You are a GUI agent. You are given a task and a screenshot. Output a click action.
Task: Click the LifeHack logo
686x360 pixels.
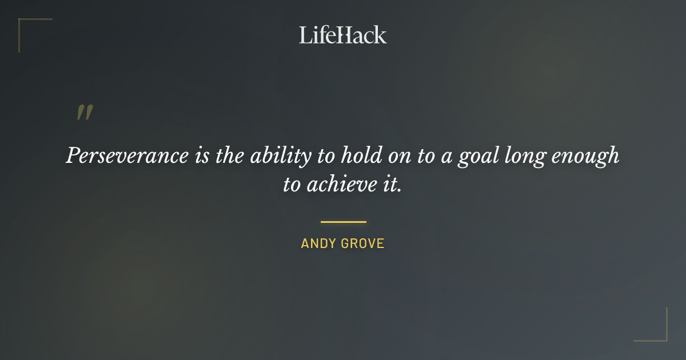[342, 35]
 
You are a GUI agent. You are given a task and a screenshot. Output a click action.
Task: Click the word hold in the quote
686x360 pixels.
[356, 155]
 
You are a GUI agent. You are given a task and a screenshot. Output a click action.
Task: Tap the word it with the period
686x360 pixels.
[390, 186]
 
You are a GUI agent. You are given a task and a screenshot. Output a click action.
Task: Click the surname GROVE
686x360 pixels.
[363, 244]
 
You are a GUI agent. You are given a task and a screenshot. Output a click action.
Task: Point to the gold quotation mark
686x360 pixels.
[85, 113]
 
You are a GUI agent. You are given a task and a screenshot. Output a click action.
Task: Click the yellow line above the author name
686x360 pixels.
[343, 222]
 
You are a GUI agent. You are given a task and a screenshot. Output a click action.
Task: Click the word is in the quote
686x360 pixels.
[202, 155]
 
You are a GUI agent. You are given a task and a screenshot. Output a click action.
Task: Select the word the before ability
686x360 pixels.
[230, 155]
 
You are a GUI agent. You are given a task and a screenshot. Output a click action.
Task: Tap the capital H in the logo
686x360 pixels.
[343, 35]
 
